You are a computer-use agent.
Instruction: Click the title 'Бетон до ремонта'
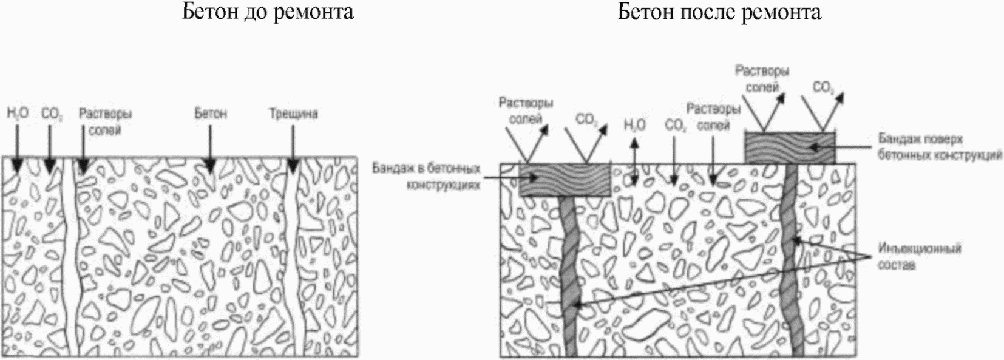click(x=268, y=12)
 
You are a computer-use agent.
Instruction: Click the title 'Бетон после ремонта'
click(x=719, y=12)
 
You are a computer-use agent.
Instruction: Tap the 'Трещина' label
click(x=293, y=114)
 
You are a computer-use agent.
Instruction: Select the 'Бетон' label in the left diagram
click(x=211, y=114)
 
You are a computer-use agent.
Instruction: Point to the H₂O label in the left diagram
click(x=18, y=114)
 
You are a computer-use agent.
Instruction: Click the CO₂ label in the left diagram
click(x=52, y=114)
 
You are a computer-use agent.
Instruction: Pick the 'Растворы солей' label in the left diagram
click(x=106, y=121)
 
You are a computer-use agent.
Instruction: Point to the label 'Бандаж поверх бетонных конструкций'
click(x=940, y=148)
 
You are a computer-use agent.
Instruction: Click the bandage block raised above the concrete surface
click(x=790, y=148)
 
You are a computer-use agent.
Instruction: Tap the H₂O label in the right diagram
click(x=635, y=125)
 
